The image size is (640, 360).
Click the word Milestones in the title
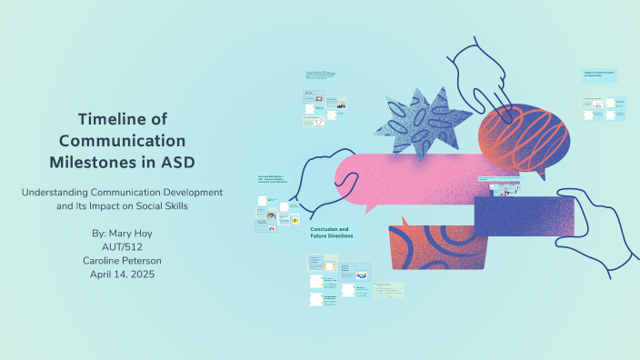click(95, 161)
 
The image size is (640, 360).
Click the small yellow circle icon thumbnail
click(295, 220)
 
